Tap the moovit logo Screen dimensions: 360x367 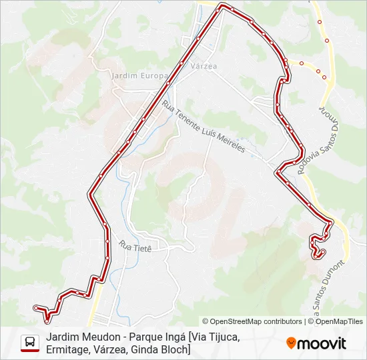click(x=316, y=343)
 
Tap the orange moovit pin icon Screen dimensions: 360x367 click(x=291, y=343)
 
